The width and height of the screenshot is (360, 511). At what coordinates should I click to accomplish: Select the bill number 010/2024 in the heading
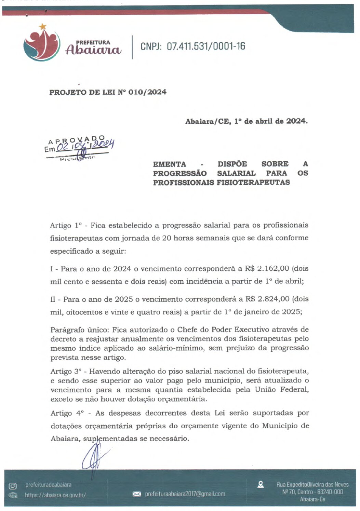pos(147,92)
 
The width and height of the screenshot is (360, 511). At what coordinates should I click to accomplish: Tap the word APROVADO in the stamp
pos(77,140)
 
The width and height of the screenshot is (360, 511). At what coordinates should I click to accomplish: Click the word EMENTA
pos(170,164)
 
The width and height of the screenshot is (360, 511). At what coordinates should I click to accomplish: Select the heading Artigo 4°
pos(67,413)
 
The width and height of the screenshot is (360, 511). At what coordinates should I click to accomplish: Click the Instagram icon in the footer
pos(13,486)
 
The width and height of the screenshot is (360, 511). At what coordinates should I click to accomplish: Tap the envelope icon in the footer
pos(137,494)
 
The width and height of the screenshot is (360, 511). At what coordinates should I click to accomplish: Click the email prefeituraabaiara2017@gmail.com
pos(185,494)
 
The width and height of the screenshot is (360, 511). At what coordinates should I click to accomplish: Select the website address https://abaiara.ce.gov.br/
pos(55,495)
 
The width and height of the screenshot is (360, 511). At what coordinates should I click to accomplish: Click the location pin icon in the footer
pos(261,484)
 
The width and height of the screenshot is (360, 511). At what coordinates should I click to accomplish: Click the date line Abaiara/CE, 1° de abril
pos(246,121)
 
